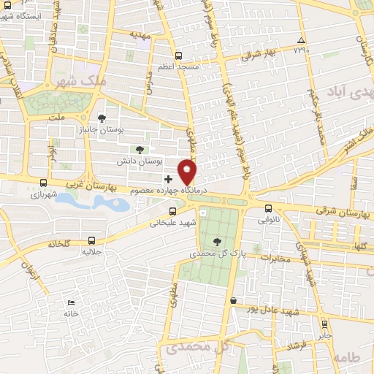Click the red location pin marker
coord(188,171)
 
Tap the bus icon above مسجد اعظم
coord(179,56)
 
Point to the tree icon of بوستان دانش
coord(140,149)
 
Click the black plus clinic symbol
coord(169,178)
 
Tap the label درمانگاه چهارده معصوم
coord(169,190)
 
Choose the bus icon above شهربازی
coord(43,183)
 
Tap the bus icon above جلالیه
coord(91,239)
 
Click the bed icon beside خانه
coord(70,302)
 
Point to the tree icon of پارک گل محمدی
coord(216,242)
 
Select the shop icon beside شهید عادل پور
coord(233,300)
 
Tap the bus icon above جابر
coord(324,324)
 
